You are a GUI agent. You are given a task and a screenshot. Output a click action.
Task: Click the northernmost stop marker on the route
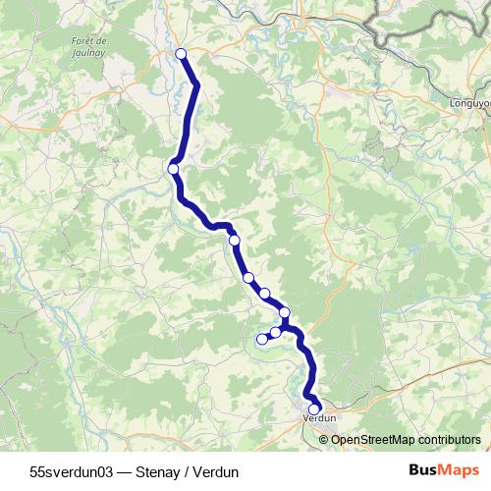(181, 54)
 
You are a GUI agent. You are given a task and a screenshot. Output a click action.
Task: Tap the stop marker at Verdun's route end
(314, 409)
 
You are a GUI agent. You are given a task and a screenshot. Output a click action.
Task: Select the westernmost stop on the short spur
(261, 340)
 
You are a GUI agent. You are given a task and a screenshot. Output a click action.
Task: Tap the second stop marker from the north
(173, 169)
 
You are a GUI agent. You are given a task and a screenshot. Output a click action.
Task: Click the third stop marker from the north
(234, 240)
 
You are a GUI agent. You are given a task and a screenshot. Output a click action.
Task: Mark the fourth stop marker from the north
(248, 277)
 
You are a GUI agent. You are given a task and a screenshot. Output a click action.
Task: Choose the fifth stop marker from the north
(264, 293)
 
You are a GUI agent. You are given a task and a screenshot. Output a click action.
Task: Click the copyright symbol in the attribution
(325, 439)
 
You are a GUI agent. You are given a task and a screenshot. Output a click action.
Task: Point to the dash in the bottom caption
(129, 471)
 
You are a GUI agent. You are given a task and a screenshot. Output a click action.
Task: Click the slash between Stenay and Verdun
(191, 471)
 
